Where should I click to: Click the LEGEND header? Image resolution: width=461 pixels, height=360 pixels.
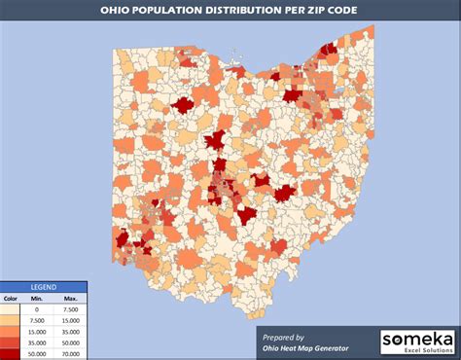44,288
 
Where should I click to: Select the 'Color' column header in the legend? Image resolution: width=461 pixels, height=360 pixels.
11,299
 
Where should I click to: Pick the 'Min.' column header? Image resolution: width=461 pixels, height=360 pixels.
38,299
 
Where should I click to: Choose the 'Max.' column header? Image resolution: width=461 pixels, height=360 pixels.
70,299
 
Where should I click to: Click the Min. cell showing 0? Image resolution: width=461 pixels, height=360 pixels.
38,309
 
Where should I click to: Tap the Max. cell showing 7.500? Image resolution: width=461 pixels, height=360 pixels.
70,309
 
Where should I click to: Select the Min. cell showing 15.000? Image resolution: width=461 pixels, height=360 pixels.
38,332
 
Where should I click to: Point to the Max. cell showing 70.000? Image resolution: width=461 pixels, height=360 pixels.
70,354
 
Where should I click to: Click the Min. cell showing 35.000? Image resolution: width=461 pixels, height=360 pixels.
38,343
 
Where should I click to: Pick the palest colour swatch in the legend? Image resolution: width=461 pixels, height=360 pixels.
11,309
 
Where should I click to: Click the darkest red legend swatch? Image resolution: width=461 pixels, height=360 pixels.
11,354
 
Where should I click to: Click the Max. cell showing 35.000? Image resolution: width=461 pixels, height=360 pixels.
70,332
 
